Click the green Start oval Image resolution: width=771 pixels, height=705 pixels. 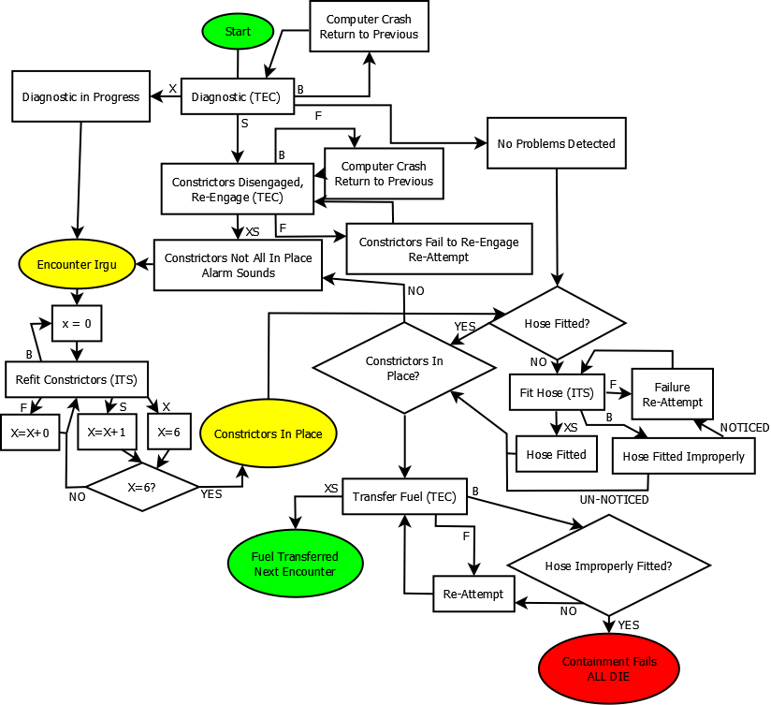237,31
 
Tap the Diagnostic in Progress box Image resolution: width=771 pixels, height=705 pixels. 80,96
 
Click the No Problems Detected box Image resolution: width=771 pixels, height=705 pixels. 557,143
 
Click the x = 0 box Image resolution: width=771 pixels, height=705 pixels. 77,323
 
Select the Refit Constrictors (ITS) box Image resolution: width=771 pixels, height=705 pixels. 77,380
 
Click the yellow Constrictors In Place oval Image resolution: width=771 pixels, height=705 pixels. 268,433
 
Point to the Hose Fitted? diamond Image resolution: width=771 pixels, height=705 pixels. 558,322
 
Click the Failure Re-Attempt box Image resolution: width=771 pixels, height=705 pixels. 672,393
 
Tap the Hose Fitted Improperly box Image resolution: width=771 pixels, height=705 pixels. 683,456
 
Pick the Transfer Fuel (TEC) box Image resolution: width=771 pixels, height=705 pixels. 404,497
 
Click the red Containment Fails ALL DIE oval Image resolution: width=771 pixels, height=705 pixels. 609,668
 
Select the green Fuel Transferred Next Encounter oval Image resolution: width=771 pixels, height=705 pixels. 295,564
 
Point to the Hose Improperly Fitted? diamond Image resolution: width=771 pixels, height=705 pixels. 608,565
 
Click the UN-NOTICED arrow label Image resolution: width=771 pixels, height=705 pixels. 614,500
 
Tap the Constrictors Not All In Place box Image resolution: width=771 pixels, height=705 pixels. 239,265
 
